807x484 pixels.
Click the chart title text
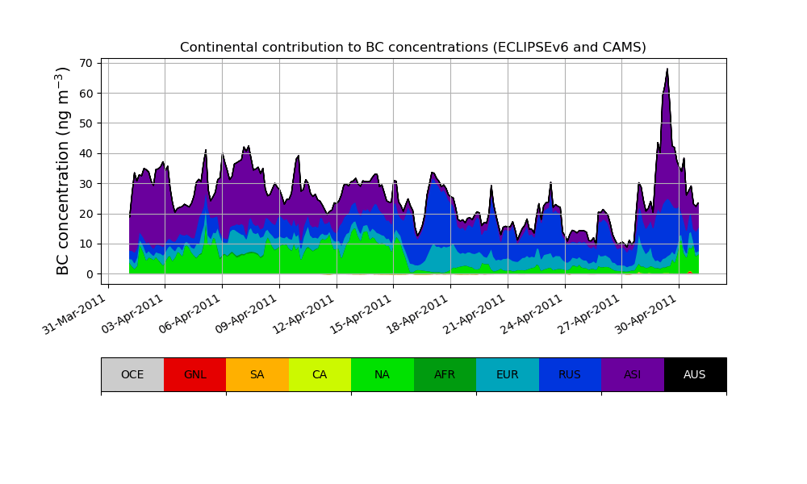[x=412, y=48]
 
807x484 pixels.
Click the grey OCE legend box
[x=132, y=374]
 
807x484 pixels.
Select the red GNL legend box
[x=194, y=374]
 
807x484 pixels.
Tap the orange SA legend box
[x=257, y=374]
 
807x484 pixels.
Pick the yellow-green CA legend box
[x=320, y=374]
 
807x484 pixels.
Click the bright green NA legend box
[x=383, y=374]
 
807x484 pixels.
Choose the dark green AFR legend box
[x=445, y=374]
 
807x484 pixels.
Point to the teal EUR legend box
[x=508, y=374]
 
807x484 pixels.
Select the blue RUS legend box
[x=570, y=374]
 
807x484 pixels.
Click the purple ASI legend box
[x=633, y=374]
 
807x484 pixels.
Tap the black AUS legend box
[x=695, y=374]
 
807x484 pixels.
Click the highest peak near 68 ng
[x=667, y=69]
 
